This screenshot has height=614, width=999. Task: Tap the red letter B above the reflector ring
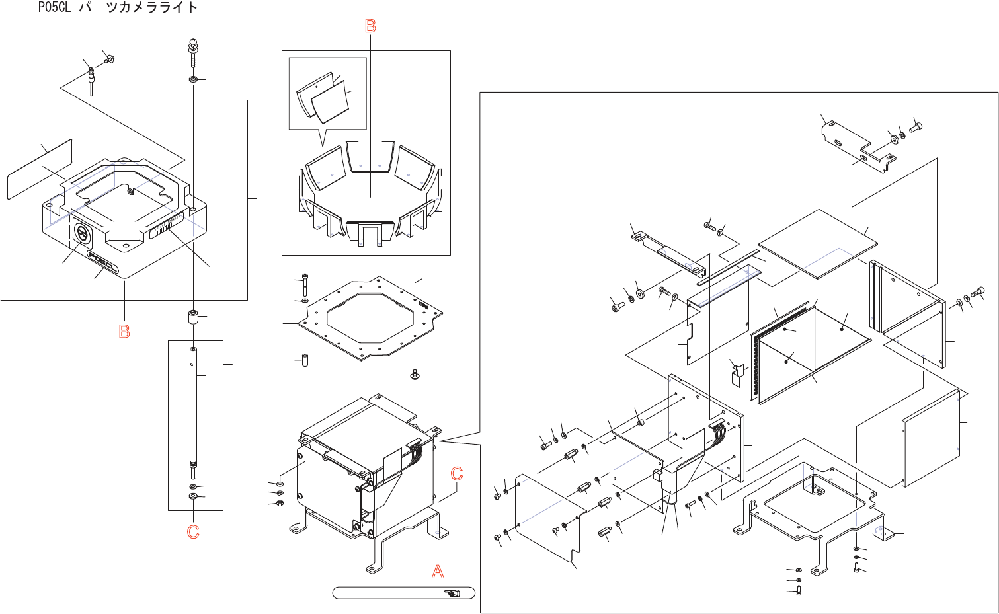pos(370,26)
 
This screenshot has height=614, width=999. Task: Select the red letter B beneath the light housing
pos(124,332)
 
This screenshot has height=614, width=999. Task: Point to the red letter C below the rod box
pos(193,532)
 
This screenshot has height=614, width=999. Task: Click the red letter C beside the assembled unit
pos(457,474)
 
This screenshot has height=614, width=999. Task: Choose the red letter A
pos(438,572)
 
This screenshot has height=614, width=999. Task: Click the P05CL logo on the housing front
pos(102,263)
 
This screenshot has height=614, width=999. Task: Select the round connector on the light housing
pos(82,233)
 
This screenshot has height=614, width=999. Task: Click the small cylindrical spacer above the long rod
pos(193,317)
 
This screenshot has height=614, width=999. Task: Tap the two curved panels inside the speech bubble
pos(324,100)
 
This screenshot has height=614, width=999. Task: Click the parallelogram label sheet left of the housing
pos(40,169)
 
